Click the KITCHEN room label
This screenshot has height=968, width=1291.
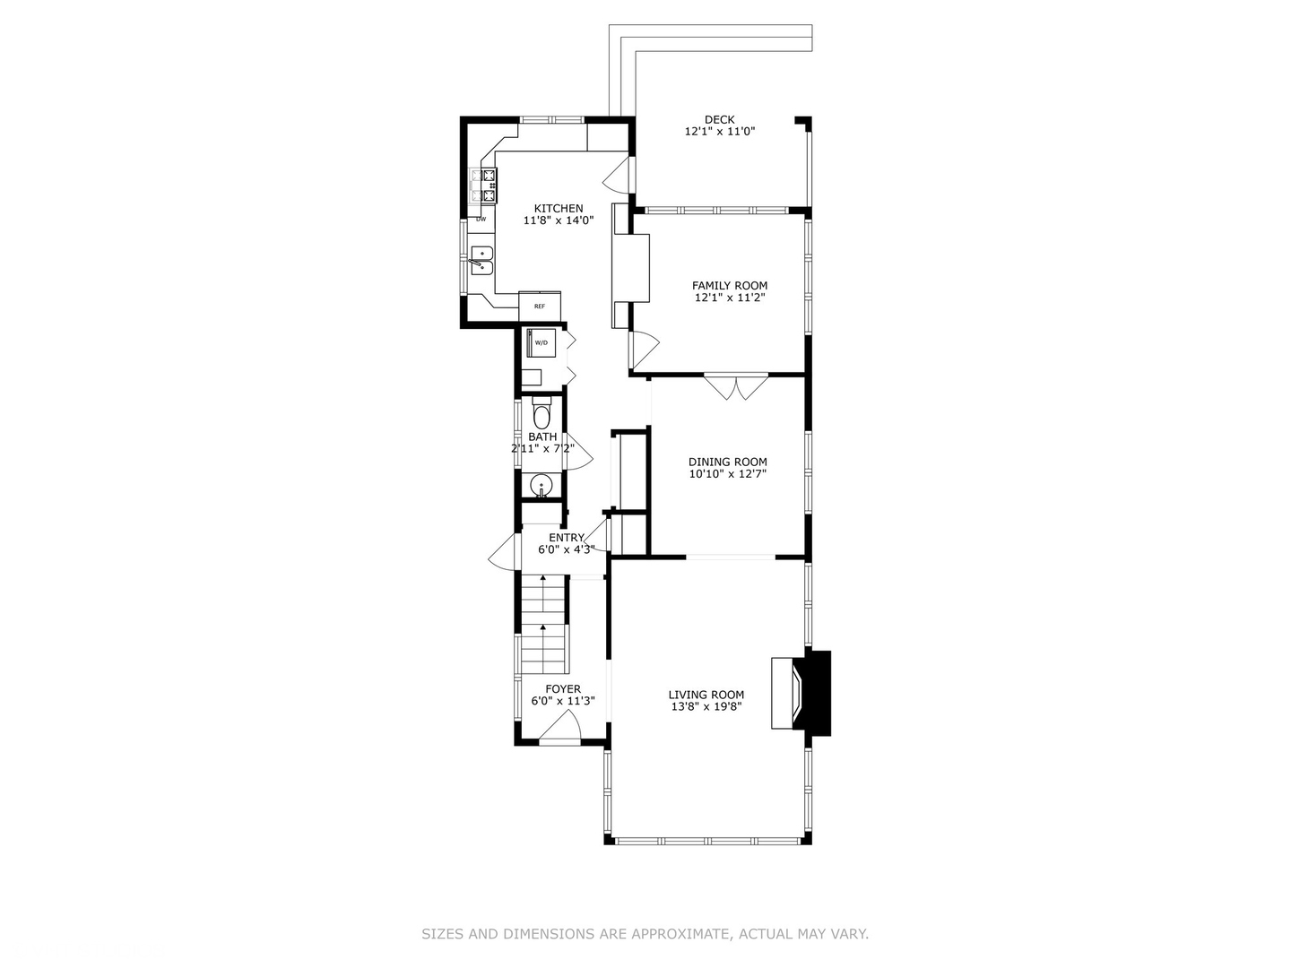coord(559,208)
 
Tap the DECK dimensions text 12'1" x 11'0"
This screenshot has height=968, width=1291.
coord(720,132)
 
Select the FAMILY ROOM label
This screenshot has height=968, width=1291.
coord(729,286)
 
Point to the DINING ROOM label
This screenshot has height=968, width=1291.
coord(727,462)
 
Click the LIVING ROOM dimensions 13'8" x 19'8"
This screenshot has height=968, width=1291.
coord(706,706)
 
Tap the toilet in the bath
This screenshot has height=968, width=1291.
coord(542,416)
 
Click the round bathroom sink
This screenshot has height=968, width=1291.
coord(541,487)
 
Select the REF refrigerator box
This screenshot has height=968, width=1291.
coord(540,306)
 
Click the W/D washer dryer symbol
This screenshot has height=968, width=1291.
coord(542,342)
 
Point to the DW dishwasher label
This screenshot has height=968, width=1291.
coord(481,219)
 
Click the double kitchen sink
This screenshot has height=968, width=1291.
coord(482,260)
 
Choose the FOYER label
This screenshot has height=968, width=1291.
coord(563,689)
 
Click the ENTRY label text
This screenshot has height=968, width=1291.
coord(566,538)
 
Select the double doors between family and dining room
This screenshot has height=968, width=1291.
coord(736,386)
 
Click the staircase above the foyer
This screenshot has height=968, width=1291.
coord(542,625)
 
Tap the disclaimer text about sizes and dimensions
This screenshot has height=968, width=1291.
coord(645,934)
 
